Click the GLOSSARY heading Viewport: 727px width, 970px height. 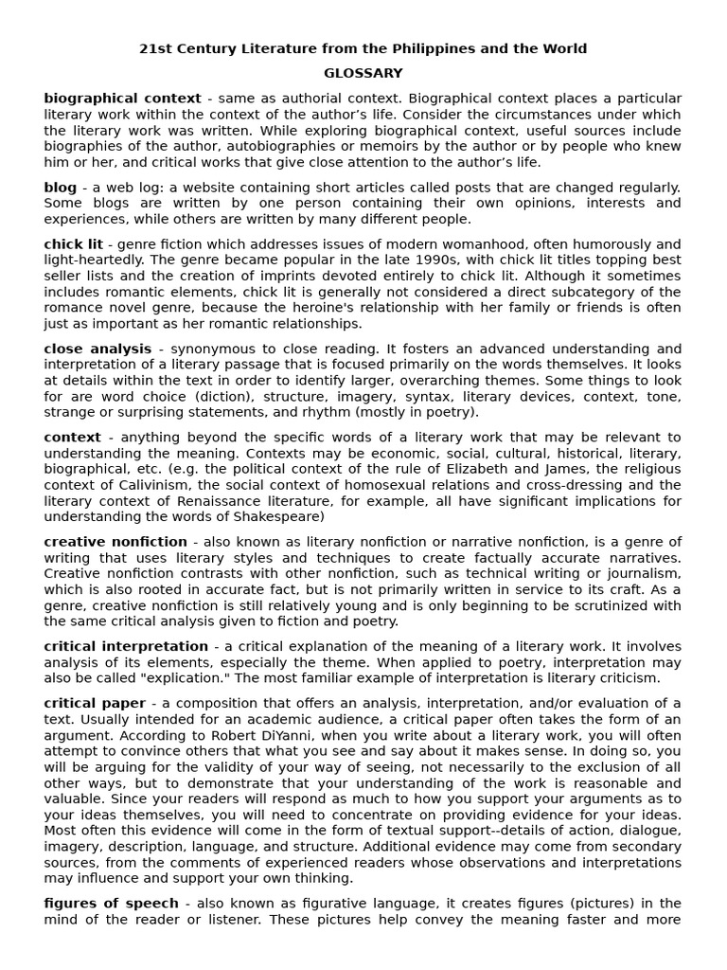(363, 73)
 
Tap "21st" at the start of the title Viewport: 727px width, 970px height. (155, 48)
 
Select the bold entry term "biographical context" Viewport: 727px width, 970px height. (122, 99)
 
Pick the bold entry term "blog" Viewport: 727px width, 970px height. (60, 188)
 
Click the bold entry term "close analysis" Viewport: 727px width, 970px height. (98, 349)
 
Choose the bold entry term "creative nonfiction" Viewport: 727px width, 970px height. (115, 542)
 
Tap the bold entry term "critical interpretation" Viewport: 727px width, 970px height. (126, 646)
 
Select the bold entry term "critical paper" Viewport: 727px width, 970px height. (95, 703)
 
